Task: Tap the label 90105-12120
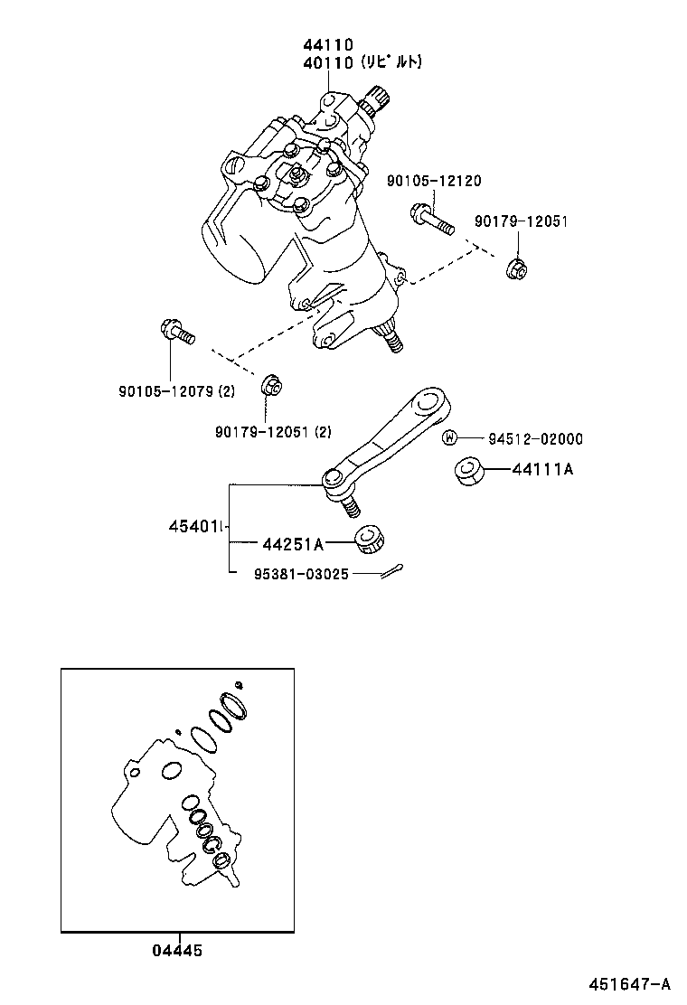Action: (434, 181)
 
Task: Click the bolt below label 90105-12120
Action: (431, 219)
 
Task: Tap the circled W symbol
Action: (448, 438)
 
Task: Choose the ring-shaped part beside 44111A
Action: (468, 471)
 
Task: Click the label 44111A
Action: (542, 470)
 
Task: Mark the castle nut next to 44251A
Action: (370, 538)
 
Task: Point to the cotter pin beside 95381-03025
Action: (391, 570)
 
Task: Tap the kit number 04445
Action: (177, 950)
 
